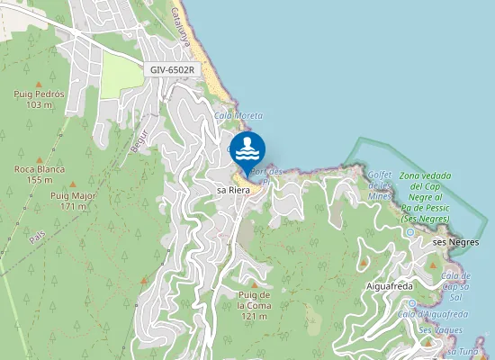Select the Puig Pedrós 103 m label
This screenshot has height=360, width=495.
39,99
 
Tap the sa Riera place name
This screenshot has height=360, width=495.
233,191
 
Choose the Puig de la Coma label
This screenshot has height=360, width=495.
255,305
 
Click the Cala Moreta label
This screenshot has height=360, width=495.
238,116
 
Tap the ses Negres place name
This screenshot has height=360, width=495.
455,243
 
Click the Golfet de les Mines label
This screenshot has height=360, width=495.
379,184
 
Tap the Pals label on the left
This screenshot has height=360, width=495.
37,236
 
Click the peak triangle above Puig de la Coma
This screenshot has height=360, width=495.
255,284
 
